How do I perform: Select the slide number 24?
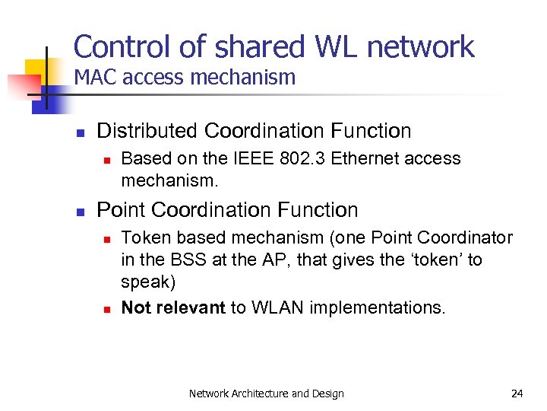click(x=517, y=393)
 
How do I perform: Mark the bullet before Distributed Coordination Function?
click(x=79, y=132)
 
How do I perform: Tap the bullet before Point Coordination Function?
click(x=79, y=211)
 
